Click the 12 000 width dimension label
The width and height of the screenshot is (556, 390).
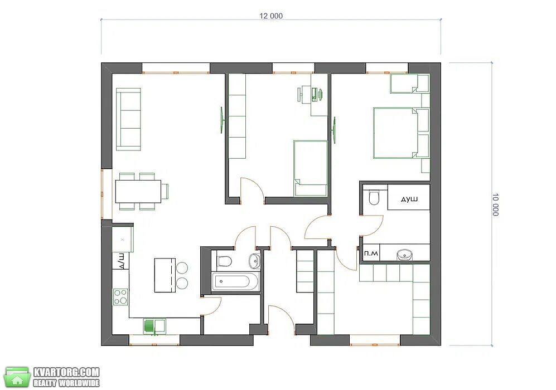point(271,16)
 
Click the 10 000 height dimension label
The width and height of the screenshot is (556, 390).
point(495,204)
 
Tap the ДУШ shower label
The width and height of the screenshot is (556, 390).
point(409,199)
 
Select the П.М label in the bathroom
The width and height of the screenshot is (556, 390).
point(371,253)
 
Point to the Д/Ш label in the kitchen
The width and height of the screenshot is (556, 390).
point(121,261)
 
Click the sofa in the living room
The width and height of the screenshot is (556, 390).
point(128,119)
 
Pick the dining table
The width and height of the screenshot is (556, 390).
point(138,191)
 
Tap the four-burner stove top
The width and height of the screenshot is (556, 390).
point(120,297)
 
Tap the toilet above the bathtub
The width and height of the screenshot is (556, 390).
point(224,260)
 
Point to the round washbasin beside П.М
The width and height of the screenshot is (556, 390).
point(404,254)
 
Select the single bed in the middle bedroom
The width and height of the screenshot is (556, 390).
point(311,168)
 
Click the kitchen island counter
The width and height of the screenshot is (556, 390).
point(165,275)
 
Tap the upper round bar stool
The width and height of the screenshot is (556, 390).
point(182,268)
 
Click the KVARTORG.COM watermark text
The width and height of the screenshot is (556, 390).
point(66,372)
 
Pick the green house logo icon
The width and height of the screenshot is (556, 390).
point(17,377)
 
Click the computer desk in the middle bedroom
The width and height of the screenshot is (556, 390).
point(311,93)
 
